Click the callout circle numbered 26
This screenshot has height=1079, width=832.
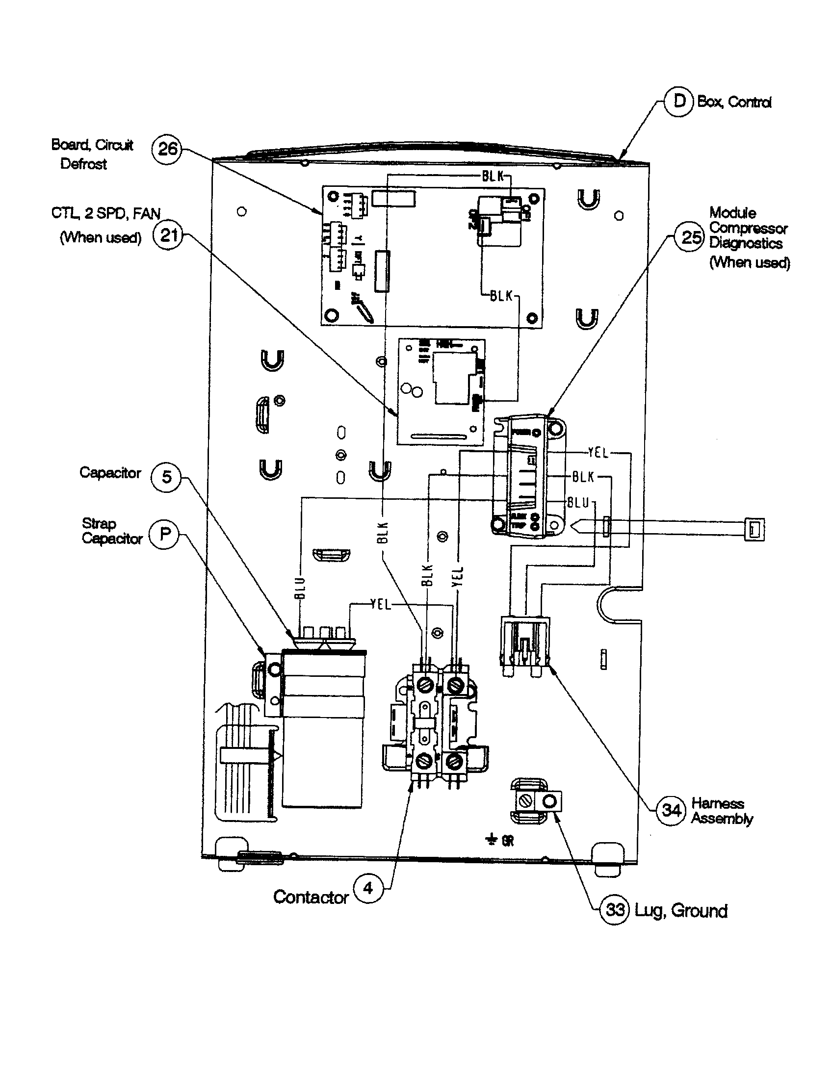coord(167,148)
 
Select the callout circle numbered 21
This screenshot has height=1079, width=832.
coord(168,234)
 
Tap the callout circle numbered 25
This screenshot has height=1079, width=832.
coord(690,237)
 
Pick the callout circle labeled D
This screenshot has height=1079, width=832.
coord(679,102)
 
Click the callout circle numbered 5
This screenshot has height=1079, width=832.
coord(166,477)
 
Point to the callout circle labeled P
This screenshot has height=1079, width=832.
coord(164,534)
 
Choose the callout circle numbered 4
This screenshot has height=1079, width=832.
coord(368,888)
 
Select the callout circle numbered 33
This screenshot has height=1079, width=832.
coord(615,909)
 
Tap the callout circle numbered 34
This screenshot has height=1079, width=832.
coord(671,810)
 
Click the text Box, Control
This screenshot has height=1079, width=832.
coord(734,103)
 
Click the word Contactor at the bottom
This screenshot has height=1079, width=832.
coord(311,897)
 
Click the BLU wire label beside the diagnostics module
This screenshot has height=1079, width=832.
coord(578,503)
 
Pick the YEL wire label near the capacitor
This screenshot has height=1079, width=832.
coord(380,604)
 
